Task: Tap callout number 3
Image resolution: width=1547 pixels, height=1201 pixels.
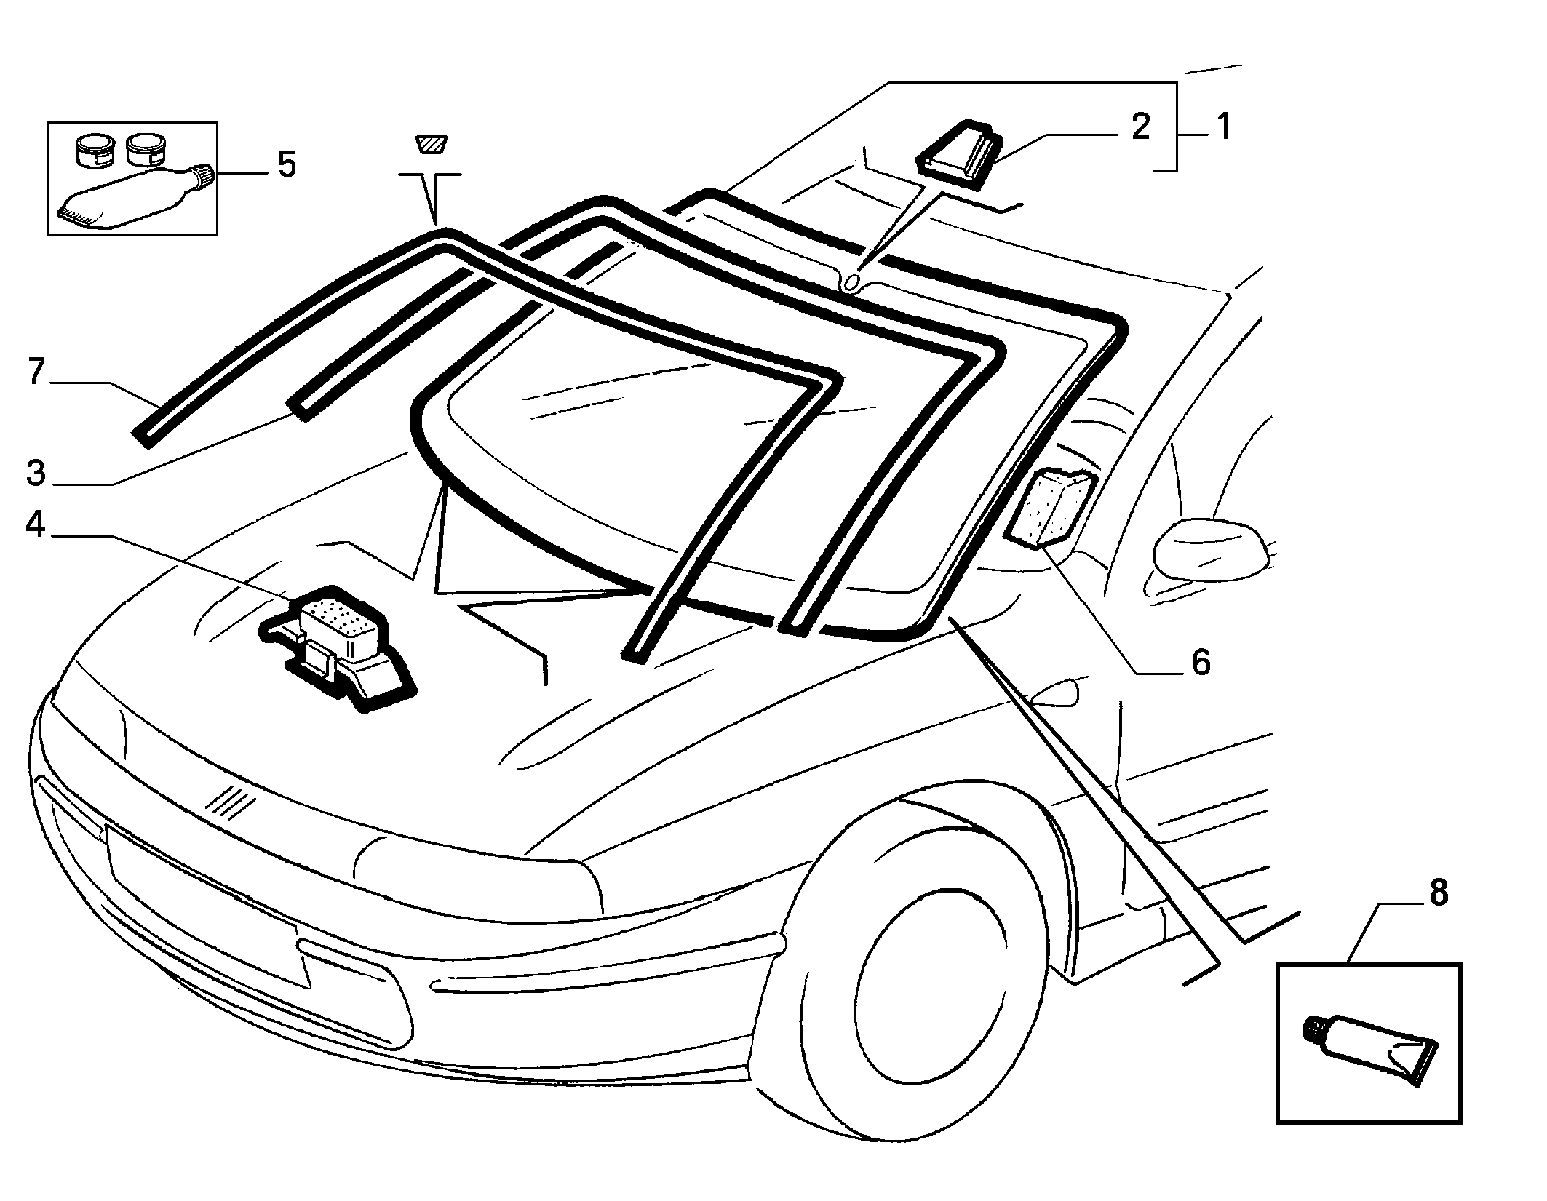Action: point(36,472)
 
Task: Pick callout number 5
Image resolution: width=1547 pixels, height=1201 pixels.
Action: point(287,164)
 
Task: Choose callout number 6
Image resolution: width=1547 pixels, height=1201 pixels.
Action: point(1199,662)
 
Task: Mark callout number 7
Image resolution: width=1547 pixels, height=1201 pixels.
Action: point(36,371)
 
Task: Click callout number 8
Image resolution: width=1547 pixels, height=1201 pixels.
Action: point(1439,893)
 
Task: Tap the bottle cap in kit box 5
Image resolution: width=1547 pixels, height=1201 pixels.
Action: point(202,177)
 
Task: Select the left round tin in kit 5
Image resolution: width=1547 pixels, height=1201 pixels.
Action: point(94,148)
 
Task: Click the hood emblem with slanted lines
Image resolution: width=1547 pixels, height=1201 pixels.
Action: point(231,800)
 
